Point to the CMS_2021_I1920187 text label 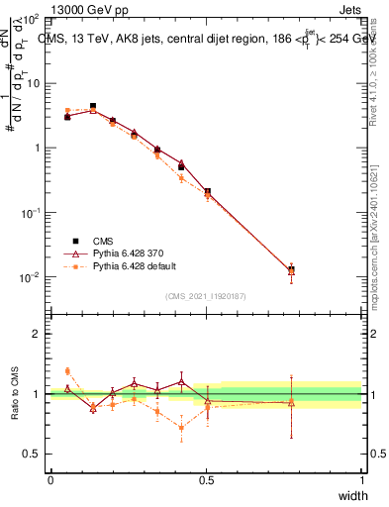[x=205, y=296]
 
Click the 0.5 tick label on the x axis [x=206, y=480]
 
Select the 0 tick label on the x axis [x=50, y=480]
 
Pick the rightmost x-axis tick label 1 [x=361, y=480]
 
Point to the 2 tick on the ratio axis [x=37, y=334]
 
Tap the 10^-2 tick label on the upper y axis [x=30, y=277]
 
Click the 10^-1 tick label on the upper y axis [x=30, y=213]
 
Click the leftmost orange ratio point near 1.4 [x=67, y=370]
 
